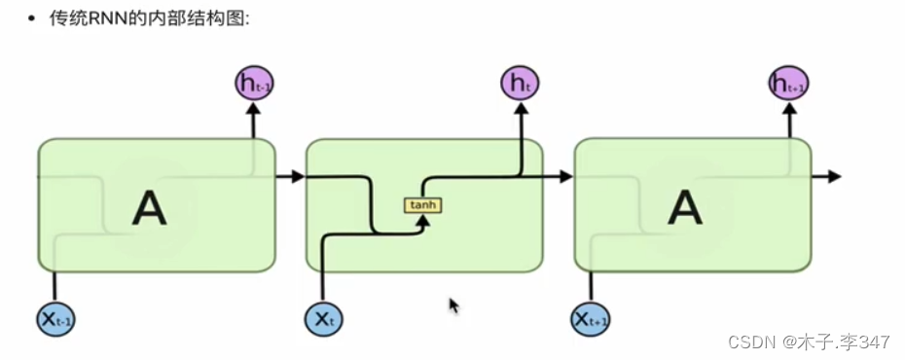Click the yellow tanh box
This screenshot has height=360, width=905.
point(422,205)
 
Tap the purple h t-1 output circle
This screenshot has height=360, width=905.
point(254,83)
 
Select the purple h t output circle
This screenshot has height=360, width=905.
point(520,83)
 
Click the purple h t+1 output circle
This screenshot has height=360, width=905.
point(789,83)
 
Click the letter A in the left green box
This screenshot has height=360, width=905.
point(149,207)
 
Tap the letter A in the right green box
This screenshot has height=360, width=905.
point(687,207)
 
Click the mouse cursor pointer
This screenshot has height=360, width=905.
point(453,306)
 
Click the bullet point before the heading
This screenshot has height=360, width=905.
point(32,18)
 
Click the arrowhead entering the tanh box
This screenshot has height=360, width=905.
point(422,220)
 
